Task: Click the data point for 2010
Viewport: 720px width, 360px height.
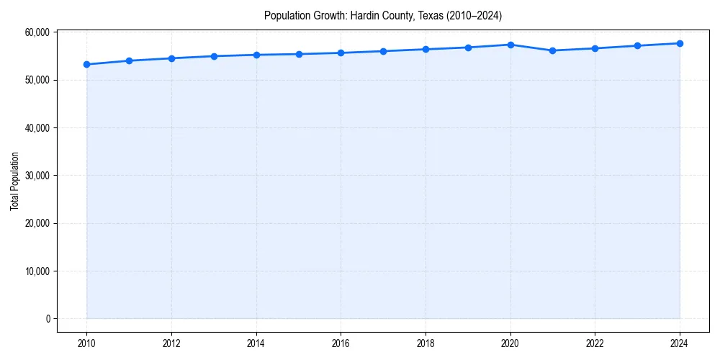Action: click(86, 64)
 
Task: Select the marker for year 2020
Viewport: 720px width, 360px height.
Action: click(510, 45)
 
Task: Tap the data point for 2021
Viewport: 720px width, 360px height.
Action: click(552, 50)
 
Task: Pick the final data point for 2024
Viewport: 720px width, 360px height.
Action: click(680, 43)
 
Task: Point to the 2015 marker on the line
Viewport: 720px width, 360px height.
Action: click(299, 54)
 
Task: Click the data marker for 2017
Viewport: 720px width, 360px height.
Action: click(383, 51)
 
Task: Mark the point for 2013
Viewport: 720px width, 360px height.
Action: click(214, 56)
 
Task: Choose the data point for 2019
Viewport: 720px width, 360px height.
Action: click(468, 48)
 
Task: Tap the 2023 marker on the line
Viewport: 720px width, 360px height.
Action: click(637, 45)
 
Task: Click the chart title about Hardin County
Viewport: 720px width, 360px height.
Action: click(382, 15)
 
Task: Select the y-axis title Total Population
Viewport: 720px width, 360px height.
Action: click(14, 181)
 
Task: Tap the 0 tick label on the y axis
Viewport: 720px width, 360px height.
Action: click(47, 319)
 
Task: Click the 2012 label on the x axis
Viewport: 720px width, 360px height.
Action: click(171, 343)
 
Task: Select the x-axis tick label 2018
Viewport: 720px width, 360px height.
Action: click(426, 343)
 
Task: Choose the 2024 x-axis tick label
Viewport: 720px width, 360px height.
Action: click(680, 343)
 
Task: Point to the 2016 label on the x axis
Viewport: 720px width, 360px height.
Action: click(341, 343)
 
